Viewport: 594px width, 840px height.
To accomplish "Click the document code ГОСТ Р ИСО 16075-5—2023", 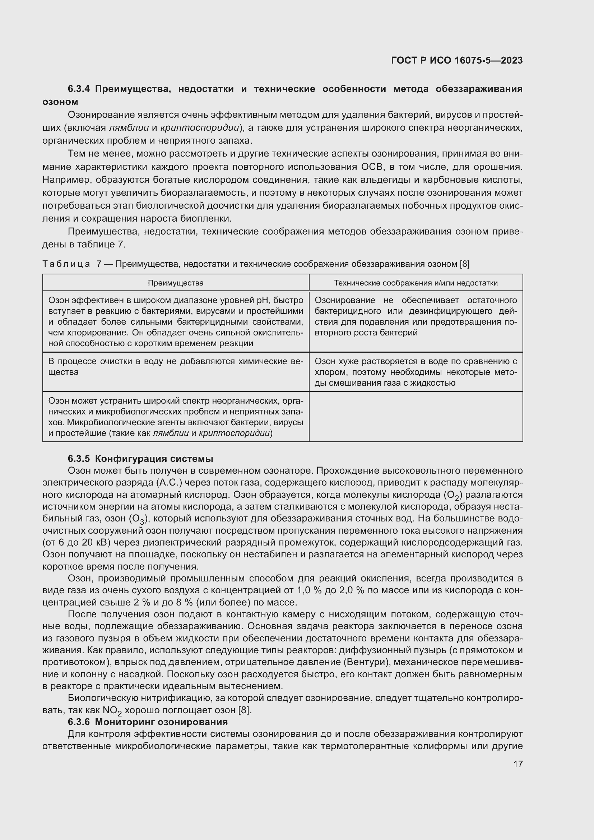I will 456,60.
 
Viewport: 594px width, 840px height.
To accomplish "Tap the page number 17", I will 518,764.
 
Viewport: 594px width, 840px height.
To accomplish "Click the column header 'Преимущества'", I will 176,283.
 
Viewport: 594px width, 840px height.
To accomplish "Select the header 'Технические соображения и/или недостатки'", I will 416,283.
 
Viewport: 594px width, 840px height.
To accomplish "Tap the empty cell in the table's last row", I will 416,416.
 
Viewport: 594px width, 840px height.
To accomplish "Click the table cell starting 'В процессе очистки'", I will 176,367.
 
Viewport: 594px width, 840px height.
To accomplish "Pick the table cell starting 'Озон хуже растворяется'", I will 416,372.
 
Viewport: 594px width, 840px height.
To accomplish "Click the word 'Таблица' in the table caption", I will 66,264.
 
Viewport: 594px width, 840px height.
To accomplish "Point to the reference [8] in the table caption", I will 464,264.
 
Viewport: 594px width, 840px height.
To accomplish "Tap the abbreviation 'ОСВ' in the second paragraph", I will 372,167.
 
